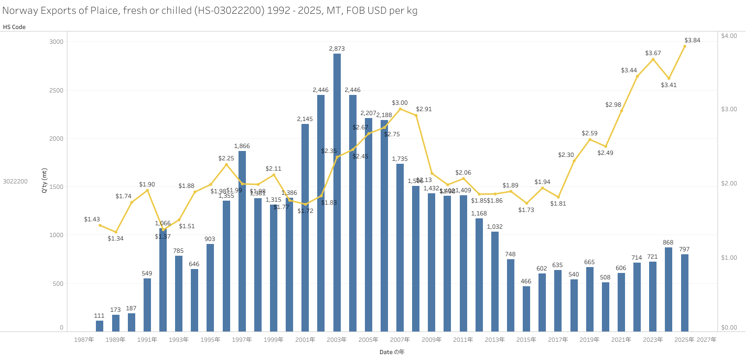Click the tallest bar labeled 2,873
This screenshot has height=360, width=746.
click(x=337, y=192)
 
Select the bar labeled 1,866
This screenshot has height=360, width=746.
click(x=242, y=241)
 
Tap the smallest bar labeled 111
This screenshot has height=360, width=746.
click(x=99, y=326)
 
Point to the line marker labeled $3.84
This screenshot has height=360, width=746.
click(x=685, y=46)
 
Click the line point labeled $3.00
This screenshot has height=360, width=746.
click(x=400, y=109)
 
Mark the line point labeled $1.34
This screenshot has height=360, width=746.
click(x=116, y=232)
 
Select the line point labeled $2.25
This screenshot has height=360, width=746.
click(x=226, y=164)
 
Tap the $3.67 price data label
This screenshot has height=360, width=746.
click(x=653, y=53)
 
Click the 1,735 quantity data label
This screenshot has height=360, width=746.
click(x=400, y=159)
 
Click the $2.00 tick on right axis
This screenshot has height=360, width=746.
click(x=729, y=183)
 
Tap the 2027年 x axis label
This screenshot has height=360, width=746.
click(x=707, y=340)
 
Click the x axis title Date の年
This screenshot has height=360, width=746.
click(x=391, y=352)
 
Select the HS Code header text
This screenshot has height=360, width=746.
click(x=14, y=27)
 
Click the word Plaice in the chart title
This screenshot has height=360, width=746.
click(x=91, y=10)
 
